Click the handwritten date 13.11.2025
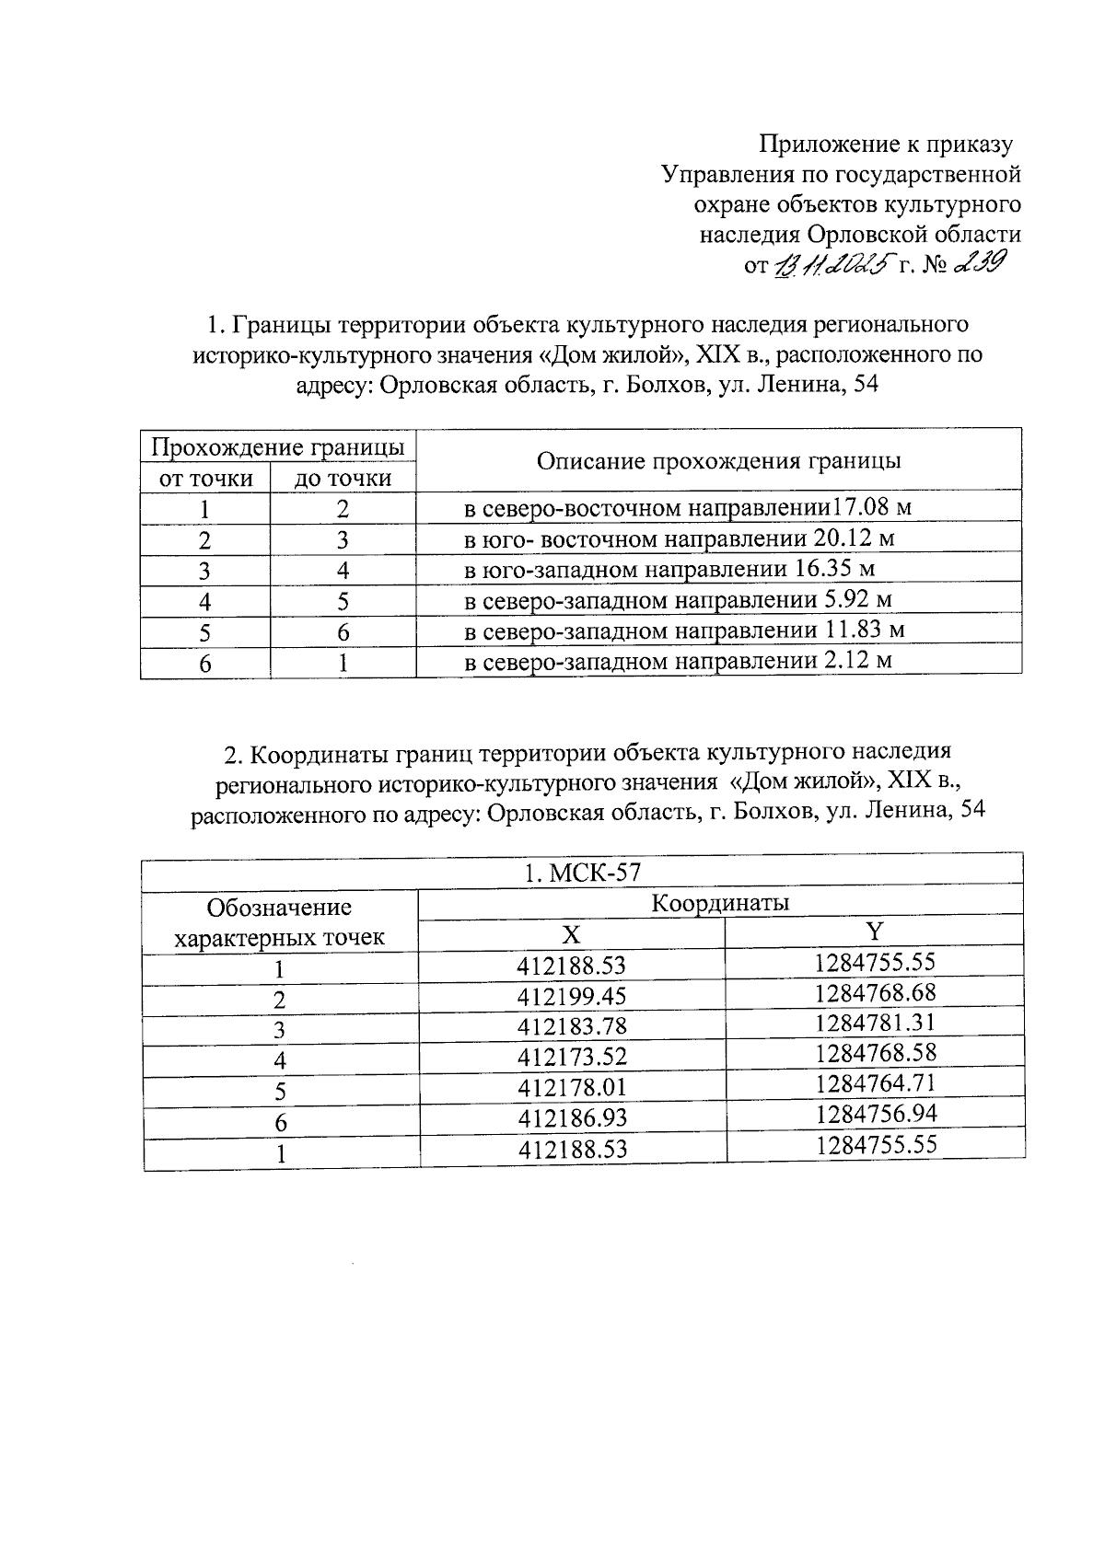(834, 265)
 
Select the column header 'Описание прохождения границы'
(718, 460)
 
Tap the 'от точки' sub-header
(205, 479)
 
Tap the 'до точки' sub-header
(343, 479)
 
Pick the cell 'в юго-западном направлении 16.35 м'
(669, 569)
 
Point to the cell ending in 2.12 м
(678, 661)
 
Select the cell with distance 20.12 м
(680, 538)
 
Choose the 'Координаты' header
(720, 903)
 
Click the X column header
(572, 934)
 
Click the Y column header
(875, 931)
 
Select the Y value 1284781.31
(875, 1023)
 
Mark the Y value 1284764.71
(875, 1083)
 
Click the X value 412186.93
(572, 1118)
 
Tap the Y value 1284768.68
(875, 993)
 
